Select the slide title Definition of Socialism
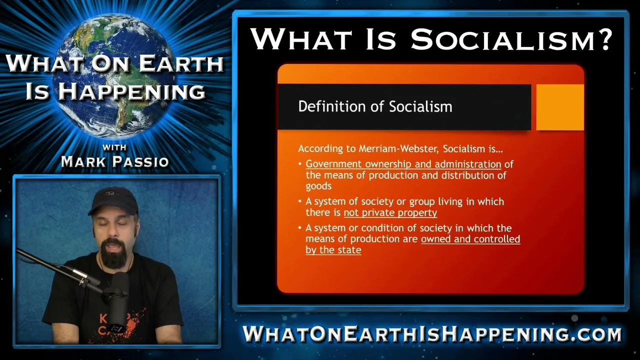375,106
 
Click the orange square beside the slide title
560,107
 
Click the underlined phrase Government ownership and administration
403,164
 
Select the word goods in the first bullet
318,186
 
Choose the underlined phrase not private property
390,213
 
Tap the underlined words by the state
333,250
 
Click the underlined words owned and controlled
470,239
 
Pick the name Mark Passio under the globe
115,161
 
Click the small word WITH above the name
114,147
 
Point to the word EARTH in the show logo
181,63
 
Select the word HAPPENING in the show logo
131,91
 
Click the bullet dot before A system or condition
299,228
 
